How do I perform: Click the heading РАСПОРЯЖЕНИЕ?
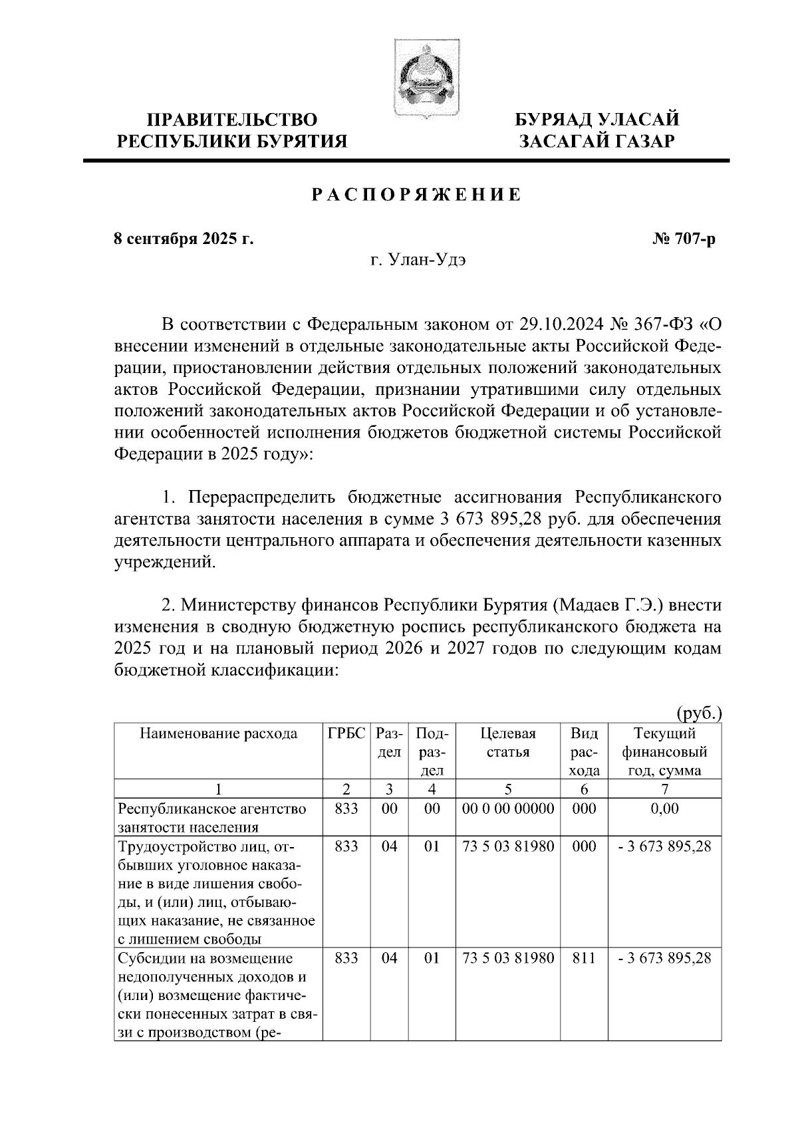[416, 195]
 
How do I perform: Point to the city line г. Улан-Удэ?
[418, 261]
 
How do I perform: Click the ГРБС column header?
[346, 734]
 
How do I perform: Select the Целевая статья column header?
[508, 743]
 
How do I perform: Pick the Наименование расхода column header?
[218, 734]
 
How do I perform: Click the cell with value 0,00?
[665, 809]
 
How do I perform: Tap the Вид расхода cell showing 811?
[585, 958]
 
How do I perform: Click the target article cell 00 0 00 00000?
[508, 809]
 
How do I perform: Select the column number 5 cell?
[508, 789]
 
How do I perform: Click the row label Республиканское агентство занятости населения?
[213, 818]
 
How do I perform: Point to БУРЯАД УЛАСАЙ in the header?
[598, 120]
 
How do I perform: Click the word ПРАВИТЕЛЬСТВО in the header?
[232, 120]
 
